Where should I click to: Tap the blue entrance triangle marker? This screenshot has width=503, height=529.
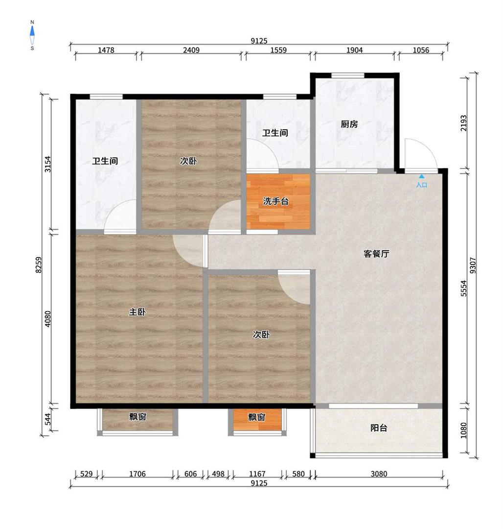point(421,176)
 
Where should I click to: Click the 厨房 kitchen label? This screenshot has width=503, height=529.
point(349,124)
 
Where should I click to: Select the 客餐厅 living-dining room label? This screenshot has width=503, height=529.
point(376,254)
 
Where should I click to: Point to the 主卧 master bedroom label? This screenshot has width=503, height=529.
point(137,312)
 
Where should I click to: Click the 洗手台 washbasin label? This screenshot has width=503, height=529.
point(276,202)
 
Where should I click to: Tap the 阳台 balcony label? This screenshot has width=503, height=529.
point(379,428)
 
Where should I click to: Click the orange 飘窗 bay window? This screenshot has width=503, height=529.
point(257,419)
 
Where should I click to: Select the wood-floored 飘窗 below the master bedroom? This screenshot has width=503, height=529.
point(137,419)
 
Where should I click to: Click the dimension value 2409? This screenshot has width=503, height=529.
point(191,50)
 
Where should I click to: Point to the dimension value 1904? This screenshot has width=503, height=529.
point(354,50)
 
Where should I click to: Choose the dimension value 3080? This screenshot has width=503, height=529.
point(379,474)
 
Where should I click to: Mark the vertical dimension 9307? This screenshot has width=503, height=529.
point(473,265)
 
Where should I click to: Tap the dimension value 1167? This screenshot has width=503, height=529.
point(257,474)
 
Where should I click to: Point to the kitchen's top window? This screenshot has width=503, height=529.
point(348,75)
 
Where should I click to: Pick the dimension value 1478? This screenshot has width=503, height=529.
point(106,50)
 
